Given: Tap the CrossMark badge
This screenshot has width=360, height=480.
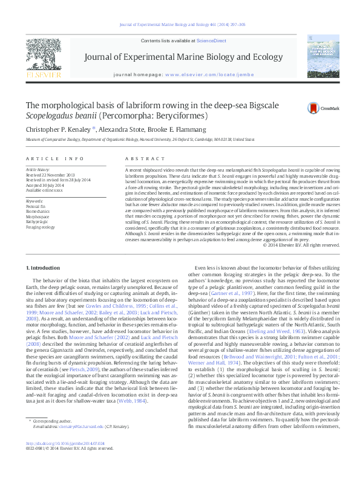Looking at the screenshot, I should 318,108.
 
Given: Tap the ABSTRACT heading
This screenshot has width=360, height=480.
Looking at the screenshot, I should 137,158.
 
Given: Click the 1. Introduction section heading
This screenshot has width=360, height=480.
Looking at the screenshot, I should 43,267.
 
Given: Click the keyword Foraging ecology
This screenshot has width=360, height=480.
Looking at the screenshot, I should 40,227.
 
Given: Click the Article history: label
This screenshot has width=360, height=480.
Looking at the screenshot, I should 38,170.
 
